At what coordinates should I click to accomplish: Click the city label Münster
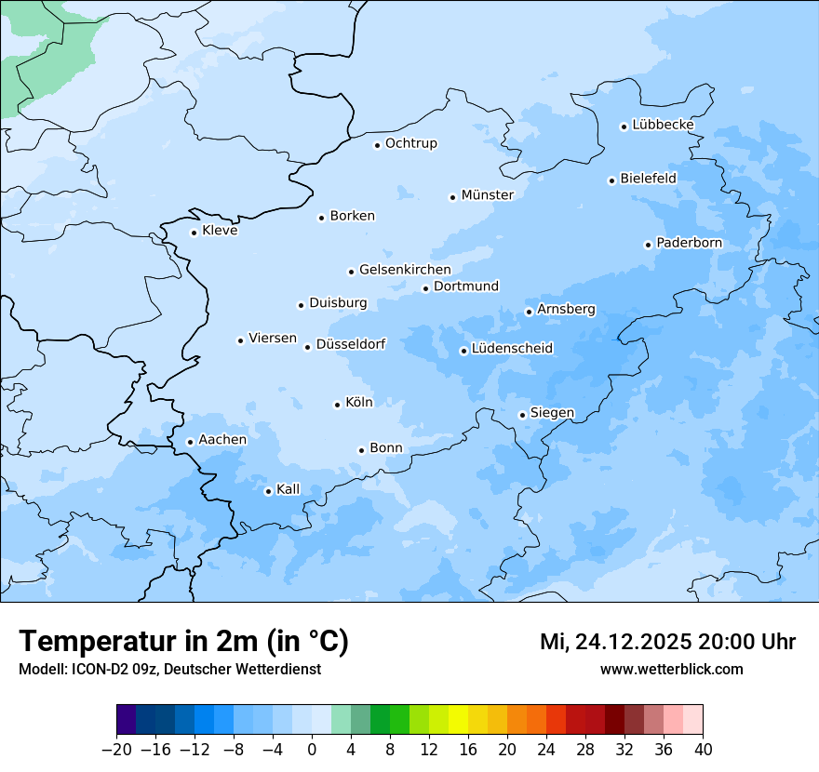(x=487, y=195)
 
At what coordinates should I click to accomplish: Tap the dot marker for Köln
(x=337, y=405)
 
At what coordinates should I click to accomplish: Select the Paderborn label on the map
(x=689, y=244)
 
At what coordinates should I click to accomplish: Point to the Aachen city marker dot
(x=190, y=442)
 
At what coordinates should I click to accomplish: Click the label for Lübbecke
(x=663, y=125)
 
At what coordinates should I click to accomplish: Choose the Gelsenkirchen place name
(x=405, y=270)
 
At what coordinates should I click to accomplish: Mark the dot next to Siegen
(x=522, y=415)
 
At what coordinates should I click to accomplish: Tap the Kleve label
(x=220, y=231)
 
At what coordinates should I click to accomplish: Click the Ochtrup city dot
(x=377, y=145)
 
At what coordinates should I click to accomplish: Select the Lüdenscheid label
(x=512, y=349)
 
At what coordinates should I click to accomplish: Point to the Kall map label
(x=288, y=489)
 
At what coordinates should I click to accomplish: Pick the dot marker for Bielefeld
(x=611, y=180)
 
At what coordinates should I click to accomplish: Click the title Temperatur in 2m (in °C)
(x=183, y=642)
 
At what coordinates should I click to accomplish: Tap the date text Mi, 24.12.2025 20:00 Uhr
(x=667, y=642)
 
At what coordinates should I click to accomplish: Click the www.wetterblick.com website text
(x=671, y=669)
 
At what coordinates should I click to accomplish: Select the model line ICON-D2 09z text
(x=168, y=669)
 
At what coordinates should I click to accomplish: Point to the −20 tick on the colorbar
(x=117, y=750)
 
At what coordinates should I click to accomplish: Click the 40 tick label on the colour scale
(x=703, y=750)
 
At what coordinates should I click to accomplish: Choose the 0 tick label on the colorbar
(x=312, y=750)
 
